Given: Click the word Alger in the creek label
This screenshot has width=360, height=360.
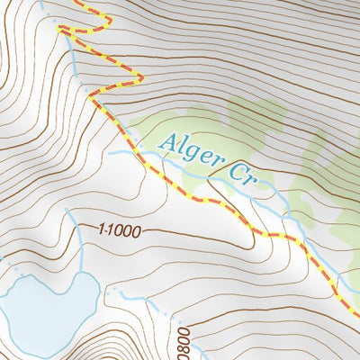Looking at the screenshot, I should tap(189, 151).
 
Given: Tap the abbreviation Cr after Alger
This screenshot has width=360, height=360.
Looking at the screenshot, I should tap(242, 175).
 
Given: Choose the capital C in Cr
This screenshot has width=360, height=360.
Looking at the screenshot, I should tap(236, 172).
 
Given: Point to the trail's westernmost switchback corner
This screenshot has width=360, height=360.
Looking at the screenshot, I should tap(60, 29).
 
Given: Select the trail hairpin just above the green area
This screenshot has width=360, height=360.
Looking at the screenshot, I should tap(140, 79).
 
